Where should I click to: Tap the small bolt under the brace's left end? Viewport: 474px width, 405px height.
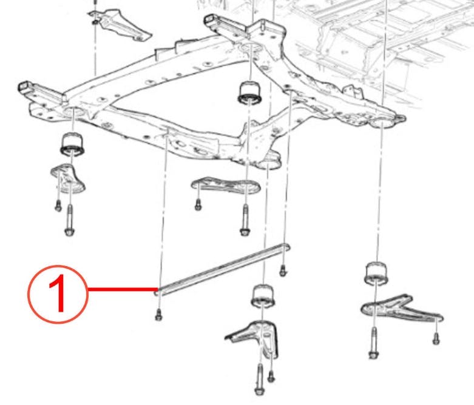[158, 314]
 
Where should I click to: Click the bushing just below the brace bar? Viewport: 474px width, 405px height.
[263, 296]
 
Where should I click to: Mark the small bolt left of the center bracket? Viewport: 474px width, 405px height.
[198, 204]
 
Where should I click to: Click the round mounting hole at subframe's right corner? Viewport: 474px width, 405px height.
[383, 125]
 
